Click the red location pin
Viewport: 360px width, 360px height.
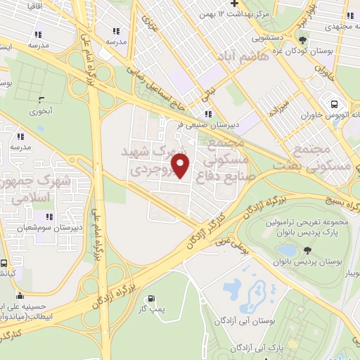(x=181, y=166)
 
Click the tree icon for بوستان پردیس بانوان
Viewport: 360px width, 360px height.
(x=307, y=250)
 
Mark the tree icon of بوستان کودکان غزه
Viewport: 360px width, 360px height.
(x=302, y=40)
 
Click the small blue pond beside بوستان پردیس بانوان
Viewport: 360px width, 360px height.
(x=287, y=250)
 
